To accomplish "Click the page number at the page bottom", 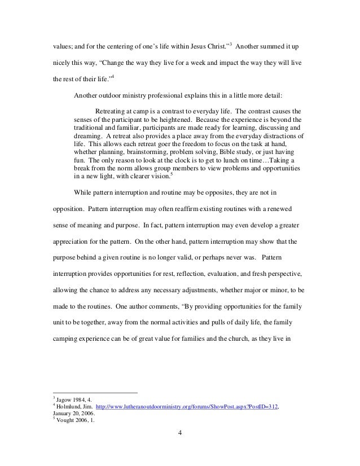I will click(180, 433).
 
